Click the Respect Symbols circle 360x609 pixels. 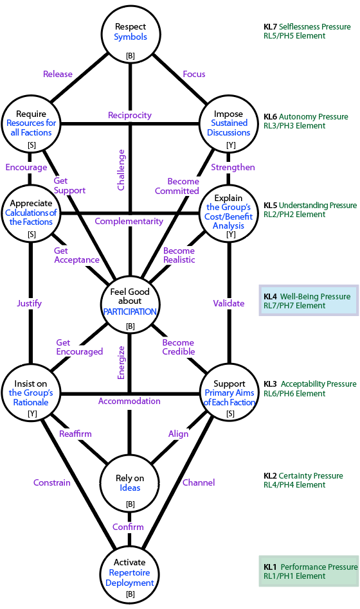pyautogui.click(x=130, y=34)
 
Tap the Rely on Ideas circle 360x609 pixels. pyautogui.click(x=130, y=483)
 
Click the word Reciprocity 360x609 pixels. pyautogui.click(x=130, y=115)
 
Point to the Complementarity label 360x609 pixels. pyautogui.click(x=129, y=221)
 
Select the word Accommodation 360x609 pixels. pyautogui.click(x=129, y=401)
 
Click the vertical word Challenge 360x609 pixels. pyautogui.click(x=122, y=170)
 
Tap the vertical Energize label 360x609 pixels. pyautogui.click(x=122, y=362)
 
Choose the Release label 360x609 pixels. pyautogui.click(x=58, y=74)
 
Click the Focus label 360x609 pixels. pyautogui.click(x=194, y=74)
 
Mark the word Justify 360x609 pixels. pyautogui.click(x=29, y=303)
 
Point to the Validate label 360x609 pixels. pyautogui.click(x=229, y=303)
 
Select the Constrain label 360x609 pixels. pyautogui.click(x=51, y=482)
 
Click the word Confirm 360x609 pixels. pyautogui.click(x=128, y=527)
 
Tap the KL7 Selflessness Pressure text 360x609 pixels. pyautogui.click(x=307, y=27)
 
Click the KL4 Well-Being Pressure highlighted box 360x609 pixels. pyautogui.click(x=309, y=300)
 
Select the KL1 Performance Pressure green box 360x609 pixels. pyautogui.click(x=309, y=571)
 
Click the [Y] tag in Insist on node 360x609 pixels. pyautogui.click(x=32, y=414)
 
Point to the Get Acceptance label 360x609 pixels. pyautogui.click(x=76, y=255)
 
